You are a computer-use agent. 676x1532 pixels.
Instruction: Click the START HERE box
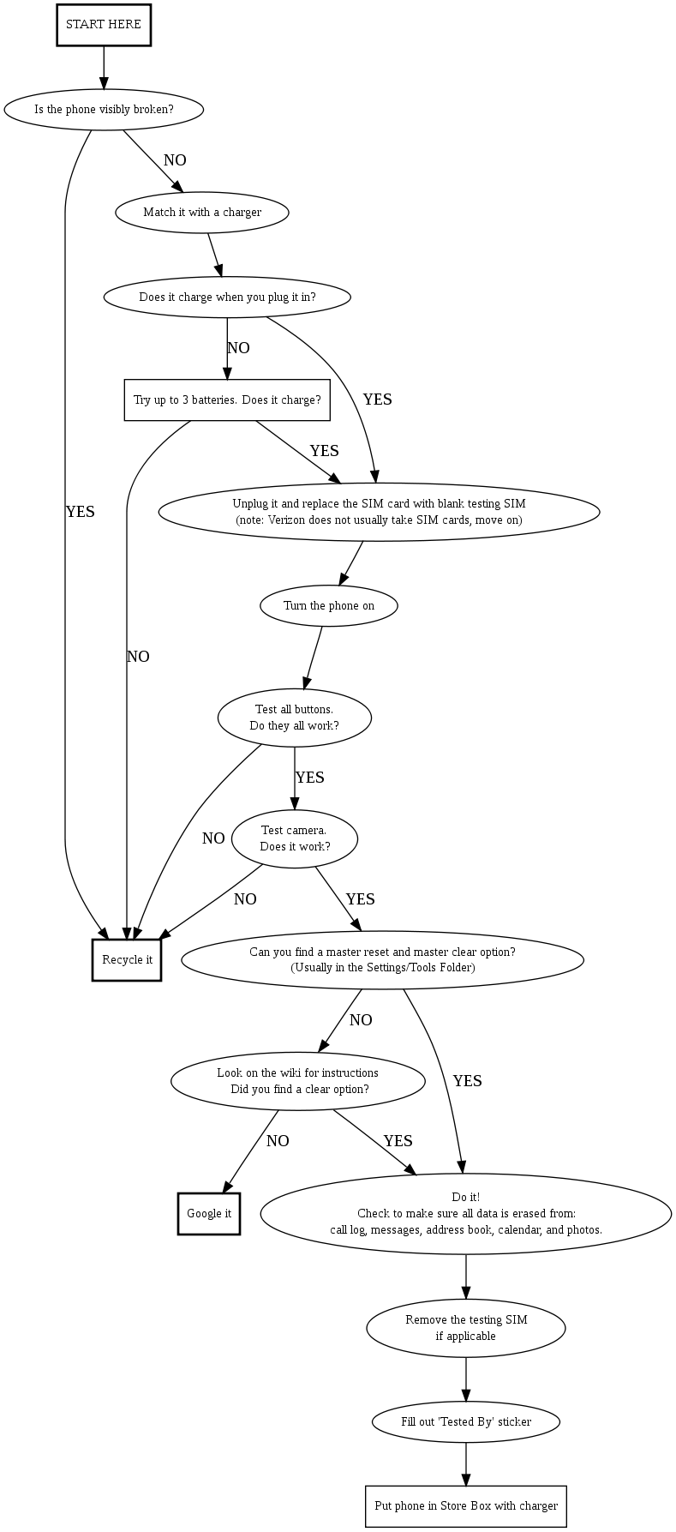104,25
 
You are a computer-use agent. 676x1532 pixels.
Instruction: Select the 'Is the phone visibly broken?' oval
104,110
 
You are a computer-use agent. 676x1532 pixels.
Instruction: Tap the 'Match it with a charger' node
201,213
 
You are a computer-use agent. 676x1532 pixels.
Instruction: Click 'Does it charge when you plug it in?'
227,297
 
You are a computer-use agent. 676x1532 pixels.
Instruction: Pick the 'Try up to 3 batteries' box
227,400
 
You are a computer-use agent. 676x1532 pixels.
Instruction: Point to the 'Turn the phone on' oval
329,606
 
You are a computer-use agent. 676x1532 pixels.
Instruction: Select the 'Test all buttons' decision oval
295,718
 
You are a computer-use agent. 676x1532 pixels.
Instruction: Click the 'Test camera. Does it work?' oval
295,838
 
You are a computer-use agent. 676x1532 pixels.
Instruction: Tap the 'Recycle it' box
127,959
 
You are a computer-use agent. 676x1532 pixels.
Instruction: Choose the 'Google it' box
209,1214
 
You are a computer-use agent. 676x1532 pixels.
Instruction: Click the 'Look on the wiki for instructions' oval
298,1081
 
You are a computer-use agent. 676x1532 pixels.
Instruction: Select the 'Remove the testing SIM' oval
466,1328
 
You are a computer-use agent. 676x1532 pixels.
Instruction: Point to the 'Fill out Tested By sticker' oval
466,1421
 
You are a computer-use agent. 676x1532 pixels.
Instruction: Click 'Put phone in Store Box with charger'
466,1505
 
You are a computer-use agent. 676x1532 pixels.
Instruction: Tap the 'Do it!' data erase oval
466,1213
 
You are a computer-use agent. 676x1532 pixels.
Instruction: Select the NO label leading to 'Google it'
278,1141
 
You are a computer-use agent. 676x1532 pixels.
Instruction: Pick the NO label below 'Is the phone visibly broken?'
175,160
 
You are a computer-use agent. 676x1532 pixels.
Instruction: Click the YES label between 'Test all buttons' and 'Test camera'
309,778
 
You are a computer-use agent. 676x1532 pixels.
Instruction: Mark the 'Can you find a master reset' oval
382,959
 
